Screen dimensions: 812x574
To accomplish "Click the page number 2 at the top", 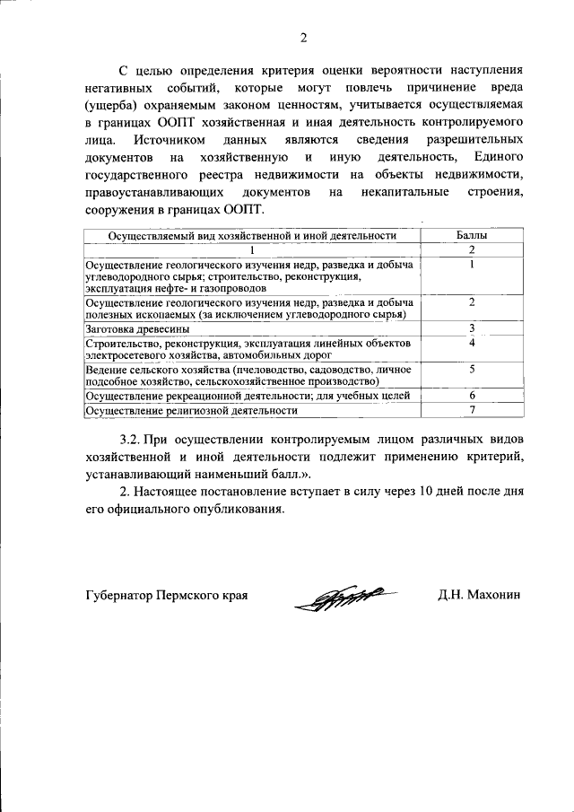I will [303, 38].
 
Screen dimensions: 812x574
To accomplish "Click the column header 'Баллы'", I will [471, 236].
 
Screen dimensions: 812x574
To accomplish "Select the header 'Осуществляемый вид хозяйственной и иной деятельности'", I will [252, 236].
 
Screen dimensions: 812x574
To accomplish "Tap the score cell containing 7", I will [471, 410].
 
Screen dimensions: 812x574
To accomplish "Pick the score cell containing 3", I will [471, 328].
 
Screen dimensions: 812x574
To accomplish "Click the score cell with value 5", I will [471, 369].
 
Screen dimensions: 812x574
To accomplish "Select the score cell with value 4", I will [471, 343].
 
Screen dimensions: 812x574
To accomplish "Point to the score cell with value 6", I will [471, 395].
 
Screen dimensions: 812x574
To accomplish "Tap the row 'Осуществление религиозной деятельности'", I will [190, 411].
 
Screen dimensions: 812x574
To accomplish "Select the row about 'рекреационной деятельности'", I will [247, 396].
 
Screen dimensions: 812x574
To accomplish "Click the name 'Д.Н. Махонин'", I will [480, 595].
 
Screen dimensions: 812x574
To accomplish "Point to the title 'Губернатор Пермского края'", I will [166, 595].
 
